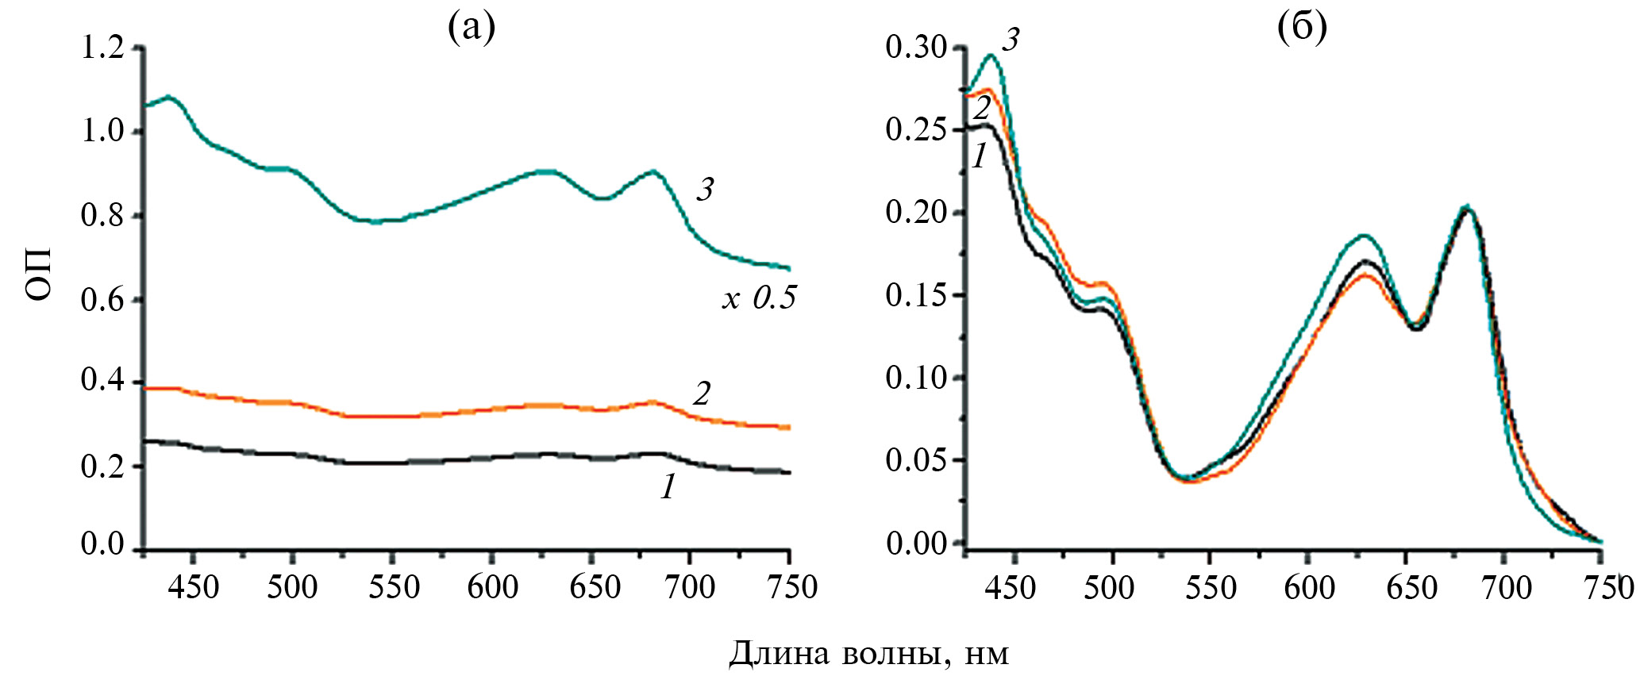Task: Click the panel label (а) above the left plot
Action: click(472, 28)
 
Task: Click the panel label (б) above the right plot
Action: click(1302, 28)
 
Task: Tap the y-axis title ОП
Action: click(39, 273)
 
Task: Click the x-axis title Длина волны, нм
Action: click(868, 654)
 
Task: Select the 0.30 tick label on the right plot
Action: click(916, 48)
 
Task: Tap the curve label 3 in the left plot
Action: click(704, 190)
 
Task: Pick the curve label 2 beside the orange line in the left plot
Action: click(701, 394)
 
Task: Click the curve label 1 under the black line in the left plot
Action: click(668, 487)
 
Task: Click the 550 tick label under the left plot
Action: click(395, 588)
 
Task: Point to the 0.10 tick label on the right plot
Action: click(916, 378)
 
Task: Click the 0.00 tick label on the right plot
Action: click(916, 543)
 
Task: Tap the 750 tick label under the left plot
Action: click(789, 588)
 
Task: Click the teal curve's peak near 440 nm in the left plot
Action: click(170, 97)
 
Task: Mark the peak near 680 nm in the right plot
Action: click(1467, 209)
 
